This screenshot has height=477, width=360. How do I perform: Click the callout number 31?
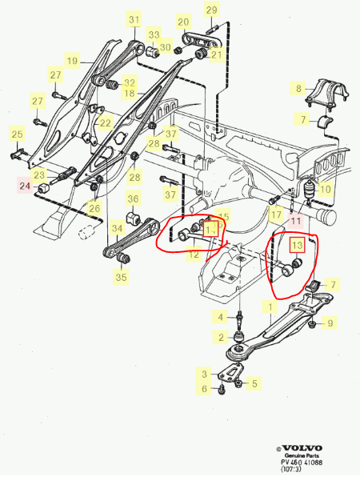134,19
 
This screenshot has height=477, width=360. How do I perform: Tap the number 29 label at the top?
211,10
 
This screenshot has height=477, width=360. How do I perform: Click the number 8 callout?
299,88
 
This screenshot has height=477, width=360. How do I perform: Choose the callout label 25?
16,134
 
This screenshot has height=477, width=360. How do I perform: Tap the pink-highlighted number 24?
23,186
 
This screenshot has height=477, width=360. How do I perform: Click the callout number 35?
121,278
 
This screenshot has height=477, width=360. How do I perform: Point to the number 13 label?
295,244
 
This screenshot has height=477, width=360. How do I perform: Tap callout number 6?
204,389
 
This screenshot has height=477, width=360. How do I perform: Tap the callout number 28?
134,177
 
